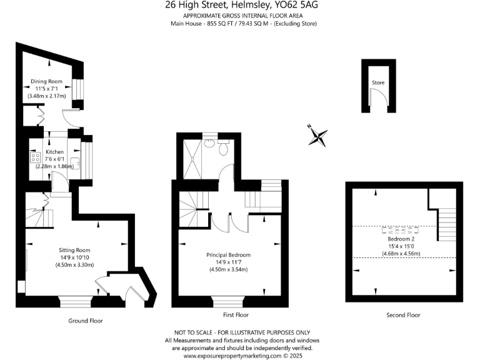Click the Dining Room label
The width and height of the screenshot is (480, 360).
[48, 81]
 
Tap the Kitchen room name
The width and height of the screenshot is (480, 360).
[54, 152]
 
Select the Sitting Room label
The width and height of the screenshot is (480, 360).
[74, 249]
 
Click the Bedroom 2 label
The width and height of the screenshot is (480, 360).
[401, 239]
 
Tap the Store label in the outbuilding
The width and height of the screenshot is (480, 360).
[378, 82]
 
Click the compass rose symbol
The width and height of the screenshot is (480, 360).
[318, 136]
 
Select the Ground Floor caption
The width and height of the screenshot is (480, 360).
[85, 320]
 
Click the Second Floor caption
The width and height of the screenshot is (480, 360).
[403, 315]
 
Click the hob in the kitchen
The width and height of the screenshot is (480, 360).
[34, 158]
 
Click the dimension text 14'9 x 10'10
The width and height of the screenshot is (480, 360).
[74, 257]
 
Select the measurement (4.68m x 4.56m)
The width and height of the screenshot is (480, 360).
[401, 253]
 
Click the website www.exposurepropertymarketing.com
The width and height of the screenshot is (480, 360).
[232, 356]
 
